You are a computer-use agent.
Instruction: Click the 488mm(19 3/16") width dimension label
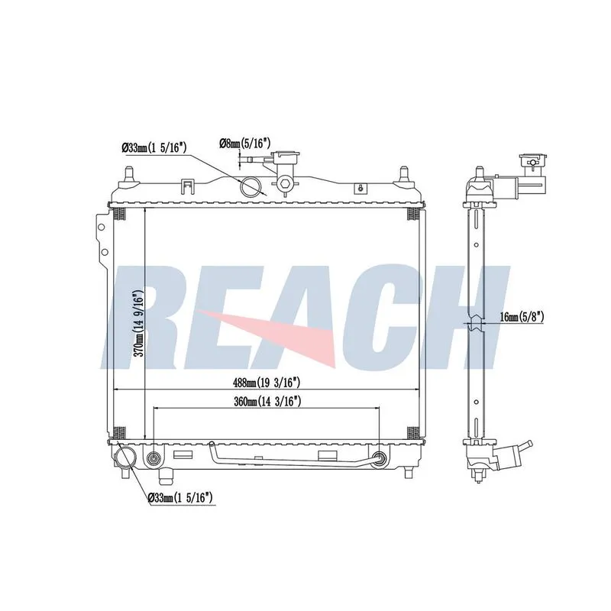(x=266, y=383)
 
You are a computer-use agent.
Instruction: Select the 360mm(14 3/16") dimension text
(x=267, y=401)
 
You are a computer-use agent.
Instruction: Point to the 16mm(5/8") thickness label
(x=522, y=317)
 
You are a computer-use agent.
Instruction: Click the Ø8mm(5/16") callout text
(x=244, y=144)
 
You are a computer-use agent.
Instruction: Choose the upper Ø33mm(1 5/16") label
(x=154, y=147)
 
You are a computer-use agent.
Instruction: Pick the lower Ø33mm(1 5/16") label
(x=180, y=497)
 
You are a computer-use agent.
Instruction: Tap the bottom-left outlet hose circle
(x=125, y=457)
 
